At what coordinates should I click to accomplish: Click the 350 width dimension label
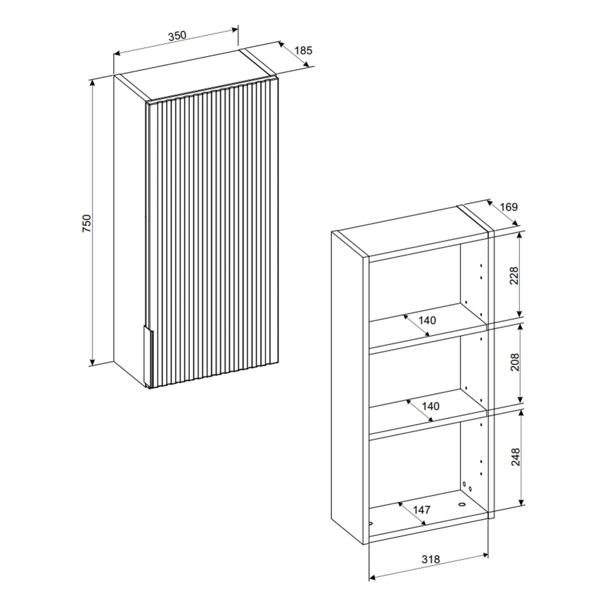[x=177, y=36]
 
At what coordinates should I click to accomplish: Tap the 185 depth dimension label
[x=303, y=51]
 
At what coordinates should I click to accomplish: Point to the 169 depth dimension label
[x=509, y=207]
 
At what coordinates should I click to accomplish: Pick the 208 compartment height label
[x=515, y=362]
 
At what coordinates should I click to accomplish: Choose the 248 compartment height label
[x=515, y=457]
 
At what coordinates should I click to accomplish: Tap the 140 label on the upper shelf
[x=427, y=320]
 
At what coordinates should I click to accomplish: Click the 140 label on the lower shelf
[x=430, y=406]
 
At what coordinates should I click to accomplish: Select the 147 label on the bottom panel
[x=422, y=510]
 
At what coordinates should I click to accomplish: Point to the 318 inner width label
[x=430, y=559]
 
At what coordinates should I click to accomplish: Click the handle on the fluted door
[x=148, y=355]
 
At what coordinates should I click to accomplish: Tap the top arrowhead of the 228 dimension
[x=519, y=235]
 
